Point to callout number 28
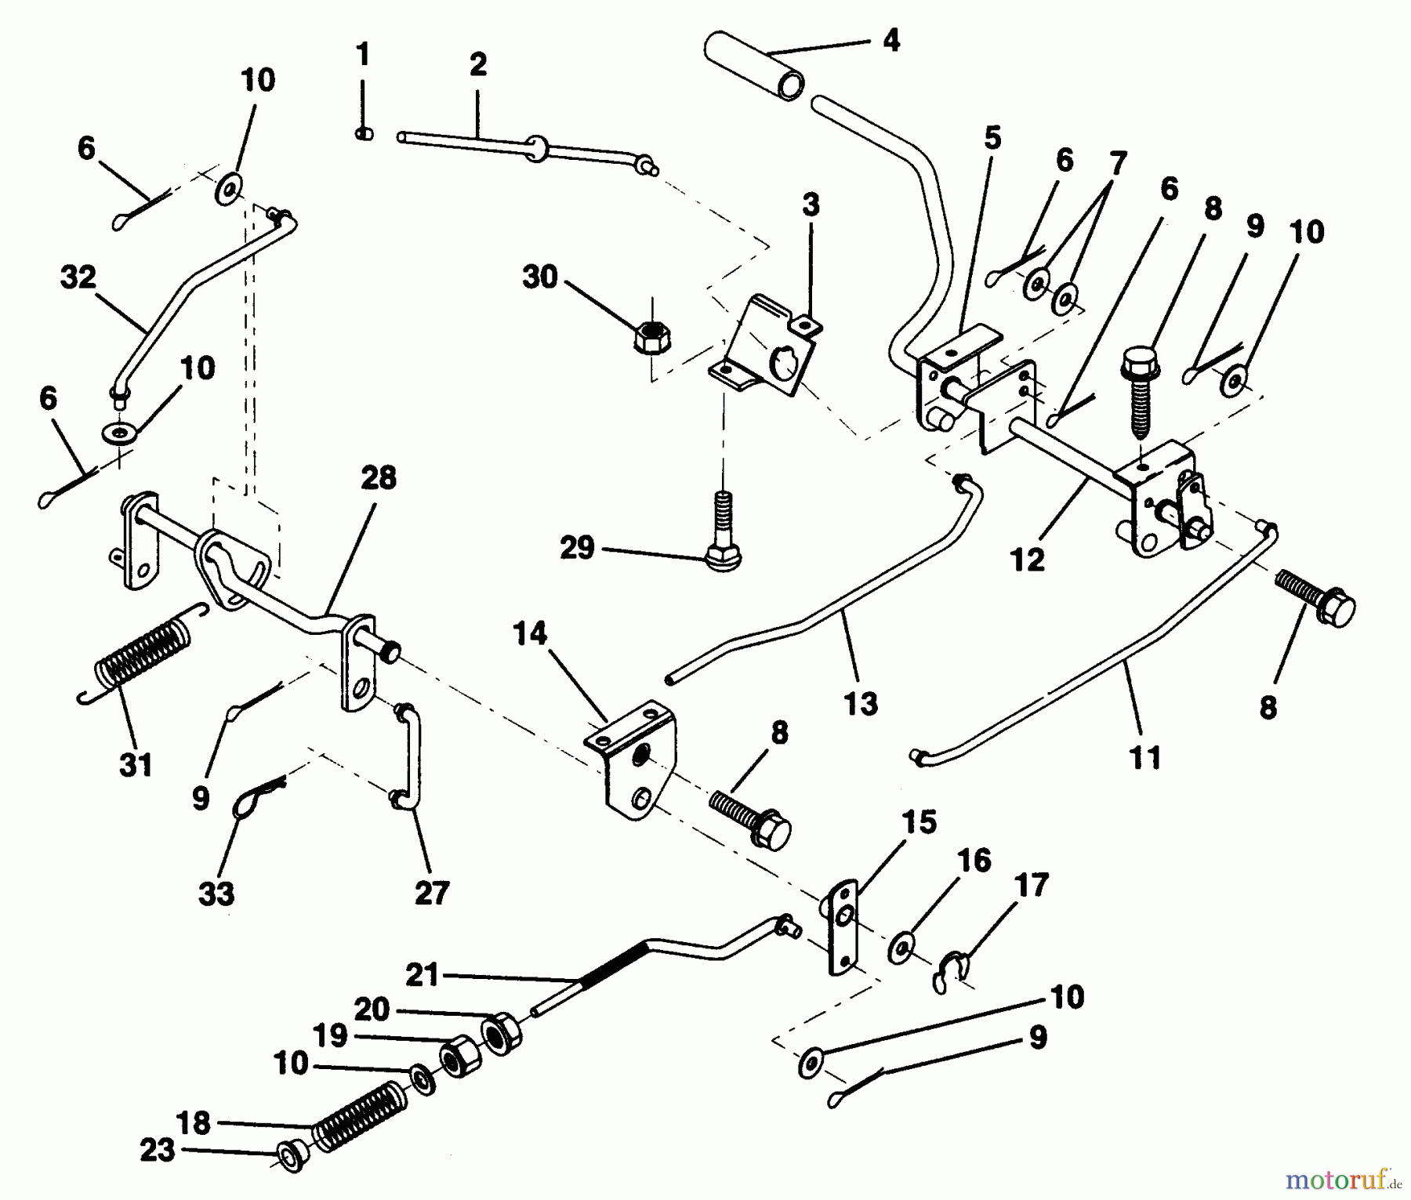tap(379, 477)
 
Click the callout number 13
tap(861, 702)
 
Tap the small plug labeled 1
tap(363, 134)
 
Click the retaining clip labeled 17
tap(950, 970)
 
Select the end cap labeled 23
tap(291, 1157)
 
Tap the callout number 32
tap(78, 277)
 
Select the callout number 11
tap(1145, 758)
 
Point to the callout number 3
tap(811, 205)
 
